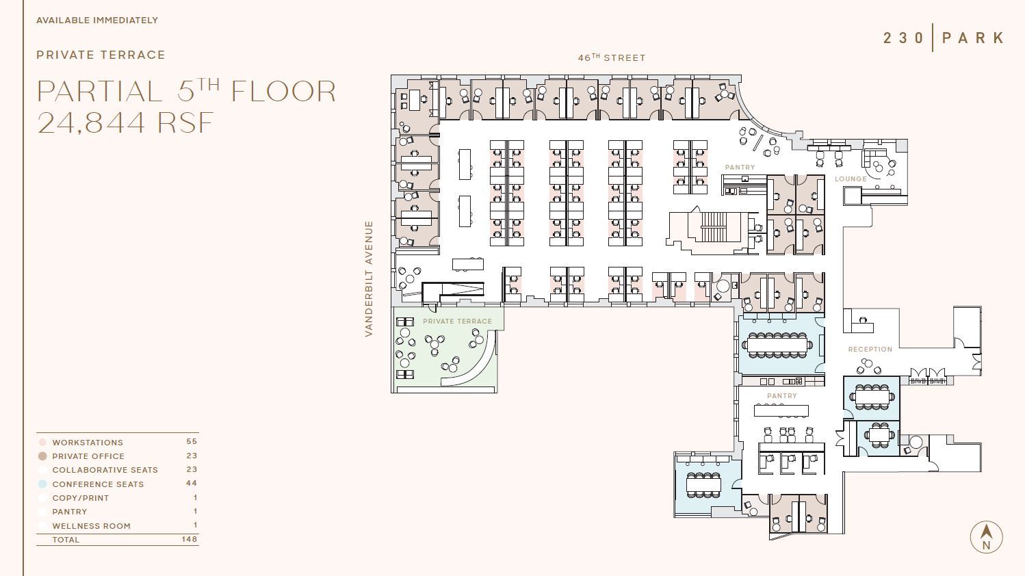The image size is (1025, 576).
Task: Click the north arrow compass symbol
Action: click(x=986, y=537)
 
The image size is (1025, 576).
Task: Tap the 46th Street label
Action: click(x=611, y=58)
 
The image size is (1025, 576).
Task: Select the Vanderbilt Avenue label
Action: click(x=369, y=278)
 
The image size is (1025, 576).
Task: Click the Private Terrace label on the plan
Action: click(x=457, y=322)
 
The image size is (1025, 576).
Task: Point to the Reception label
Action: click(x=870, y=350)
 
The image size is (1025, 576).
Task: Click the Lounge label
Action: click(x=851, y=179)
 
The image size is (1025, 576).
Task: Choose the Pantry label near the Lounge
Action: click(x=740, y=168)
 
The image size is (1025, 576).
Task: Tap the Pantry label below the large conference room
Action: click(x=781, y=396)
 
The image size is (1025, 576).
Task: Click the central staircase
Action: click(x=713, y=227)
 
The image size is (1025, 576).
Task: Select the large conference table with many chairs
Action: click(x=777, y=344)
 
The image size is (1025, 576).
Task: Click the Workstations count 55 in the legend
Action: click(x=191, y=442)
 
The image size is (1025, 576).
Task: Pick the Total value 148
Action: click(x=190, y=539)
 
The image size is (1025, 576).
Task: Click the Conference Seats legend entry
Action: click(x=98, y=484)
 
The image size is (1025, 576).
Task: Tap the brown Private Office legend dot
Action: click(x=42, y=456)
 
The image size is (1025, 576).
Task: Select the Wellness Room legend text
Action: click(x=91, y=526)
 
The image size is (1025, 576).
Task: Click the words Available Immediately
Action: click(x=97, y=21)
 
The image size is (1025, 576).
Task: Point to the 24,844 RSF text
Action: click(x=125, y=123)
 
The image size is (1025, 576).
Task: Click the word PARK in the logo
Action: click(x=973, y=38)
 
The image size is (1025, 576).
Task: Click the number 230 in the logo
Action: click(x=903, y=38)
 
